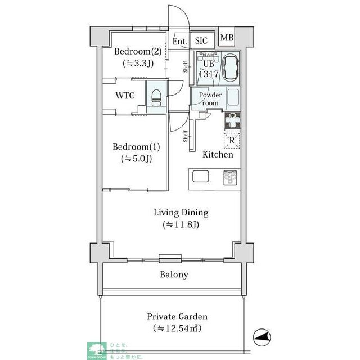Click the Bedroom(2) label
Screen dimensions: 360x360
click(138, 52)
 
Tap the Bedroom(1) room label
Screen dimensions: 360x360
click(136, 147)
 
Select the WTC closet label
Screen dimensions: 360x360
click(125, 95)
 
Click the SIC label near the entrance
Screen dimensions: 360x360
click(201, 41)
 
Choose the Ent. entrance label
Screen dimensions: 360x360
click(179, 42)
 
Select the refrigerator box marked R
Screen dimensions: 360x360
click(231, 141)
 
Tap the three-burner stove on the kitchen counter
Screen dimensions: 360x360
click(231, 178)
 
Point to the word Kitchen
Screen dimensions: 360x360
click(217, 154)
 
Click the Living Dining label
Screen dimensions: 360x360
click(181, 213)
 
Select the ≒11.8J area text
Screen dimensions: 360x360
click(181, 225)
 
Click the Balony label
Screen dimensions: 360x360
click(174, 275)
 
